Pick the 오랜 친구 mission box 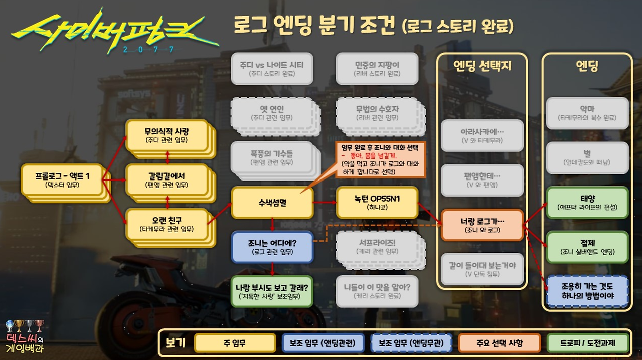(167, 224)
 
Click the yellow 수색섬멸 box (271, 202)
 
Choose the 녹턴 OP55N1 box (377, 202)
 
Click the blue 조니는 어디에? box (272, 246)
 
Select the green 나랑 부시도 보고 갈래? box (271, 290)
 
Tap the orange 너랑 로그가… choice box (482, 225)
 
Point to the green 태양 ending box (587, 202)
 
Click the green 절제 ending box (587, 246)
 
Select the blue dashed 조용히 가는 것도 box (587, 290)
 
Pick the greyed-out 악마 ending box (587, 113)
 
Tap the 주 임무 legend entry (235, 343)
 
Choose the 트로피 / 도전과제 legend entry (587, 343)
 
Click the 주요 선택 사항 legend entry (499, 343)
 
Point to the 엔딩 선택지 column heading (482, 66)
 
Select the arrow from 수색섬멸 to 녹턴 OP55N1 (324, 202)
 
